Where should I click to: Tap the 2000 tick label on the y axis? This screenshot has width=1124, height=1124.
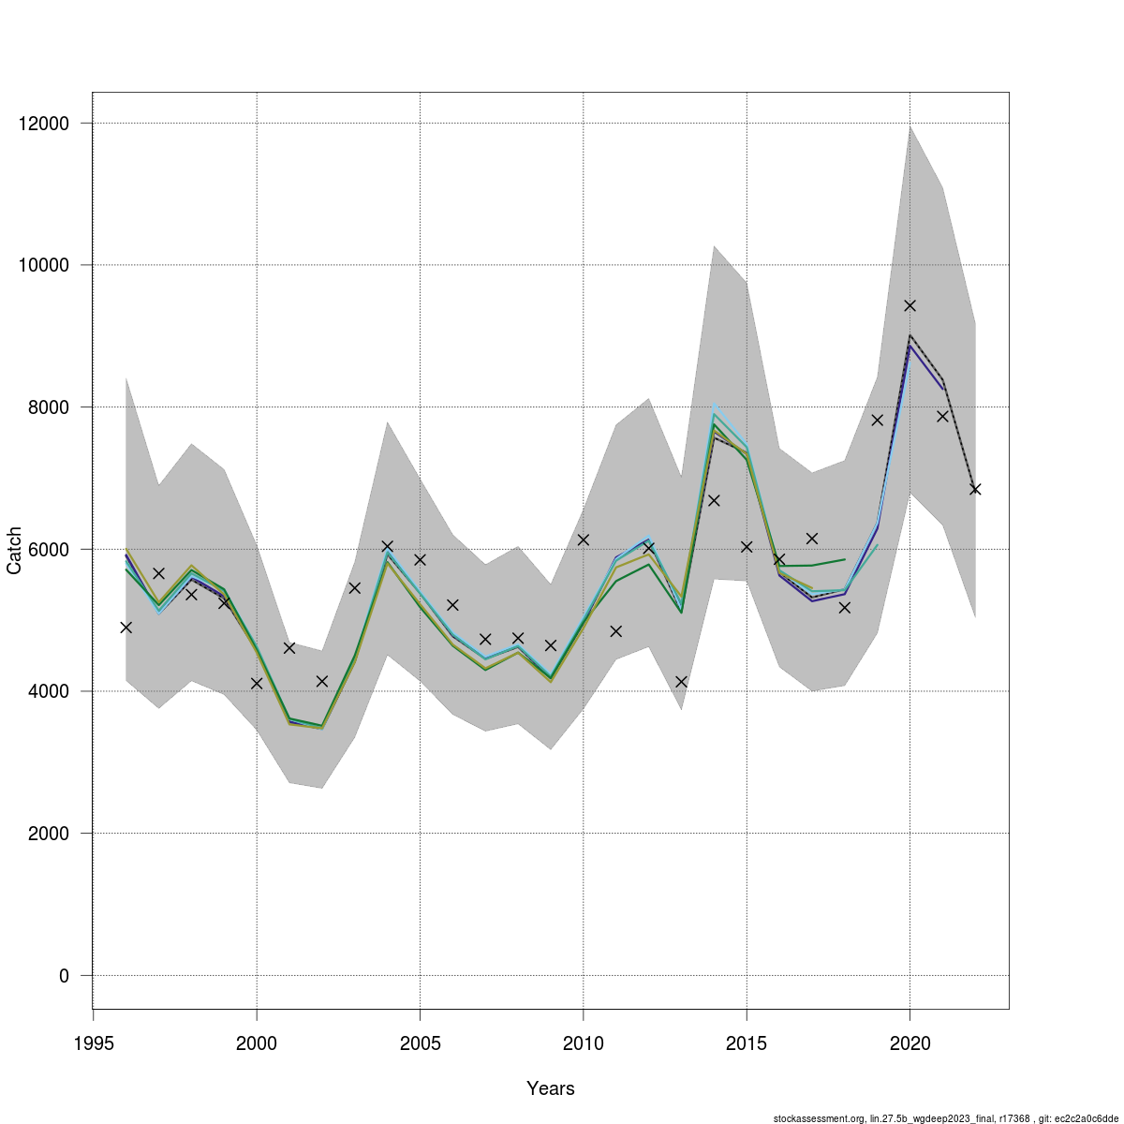(x=52, y=834)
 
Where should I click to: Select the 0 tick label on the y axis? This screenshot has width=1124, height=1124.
(x=64, y=976)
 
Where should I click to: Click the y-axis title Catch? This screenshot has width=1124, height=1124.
(x=15, y=550)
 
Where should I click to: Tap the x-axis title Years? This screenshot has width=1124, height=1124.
(x=551, y=1088)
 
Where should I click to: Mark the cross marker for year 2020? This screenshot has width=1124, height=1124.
(x=910, y=305)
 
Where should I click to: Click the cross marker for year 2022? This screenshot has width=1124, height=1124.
(x=975, y=489)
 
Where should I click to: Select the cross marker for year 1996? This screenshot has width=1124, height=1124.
(x=126, y=628)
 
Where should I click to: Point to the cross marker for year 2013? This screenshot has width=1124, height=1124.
(x=681, y=682)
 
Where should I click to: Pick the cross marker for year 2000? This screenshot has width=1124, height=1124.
(x=257, y=684)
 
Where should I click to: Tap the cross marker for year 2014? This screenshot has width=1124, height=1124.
(x=714, y=500)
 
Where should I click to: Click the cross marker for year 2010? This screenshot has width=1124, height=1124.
(x=583, y=540)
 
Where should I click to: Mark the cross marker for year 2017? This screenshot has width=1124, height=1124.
(x=812, y=539)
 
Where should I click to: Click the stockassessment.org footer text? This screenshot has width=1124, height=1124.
(x=945, y=1117)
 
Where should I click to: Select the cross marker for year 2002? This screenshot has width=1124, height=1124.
(x=322, y=681)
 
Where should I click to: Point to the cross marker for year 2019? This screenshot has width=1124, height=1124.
(x=878, y=420)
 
